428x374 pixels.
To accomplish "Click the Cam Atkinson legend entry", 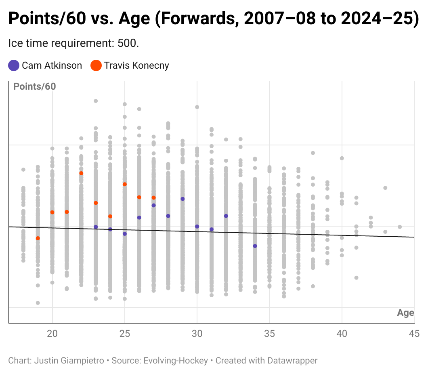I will (x=45, y=65).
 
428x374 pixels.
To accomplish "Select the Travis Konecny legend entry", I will (x=130, y=65).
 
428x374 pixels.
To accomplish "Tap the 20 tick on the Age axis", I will (x=52, y=334).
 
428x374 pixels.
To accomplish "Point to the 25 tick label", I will (x=125, y=334).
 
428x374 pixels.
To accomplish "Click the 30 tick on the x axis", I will (x=197, y=334).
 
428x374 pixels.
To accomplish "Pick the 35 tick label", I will (x=269, y=334).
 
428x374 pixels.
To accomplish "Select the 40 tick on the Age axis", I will (x=342, y=334).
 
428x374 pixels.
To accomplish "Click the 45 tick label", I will (x=413, y=334).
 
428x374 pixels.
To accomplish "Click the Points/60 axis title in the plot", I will (x=35, y=86).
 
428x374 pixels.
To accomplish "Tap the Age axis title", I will (x=405, y=313).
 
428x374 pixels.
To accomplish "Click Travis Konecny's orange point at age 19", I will (x=38, y=238).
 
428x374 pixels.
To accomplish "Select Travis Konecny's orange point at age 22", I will (x=81, y=173).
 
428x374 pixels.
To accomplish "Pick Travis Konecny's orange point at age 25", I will (x=125, y=184).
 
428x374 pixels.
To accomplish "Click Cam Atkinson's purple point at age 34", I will (x=255, y=246).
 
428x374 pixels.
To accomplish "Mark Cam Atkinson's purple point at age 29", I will (x=183, y=199).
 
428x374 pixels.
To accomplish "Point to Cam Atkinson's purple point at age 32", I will (x=226, y=216).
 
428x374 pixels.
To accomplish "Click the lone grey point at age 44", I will (x=400, y=227).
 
